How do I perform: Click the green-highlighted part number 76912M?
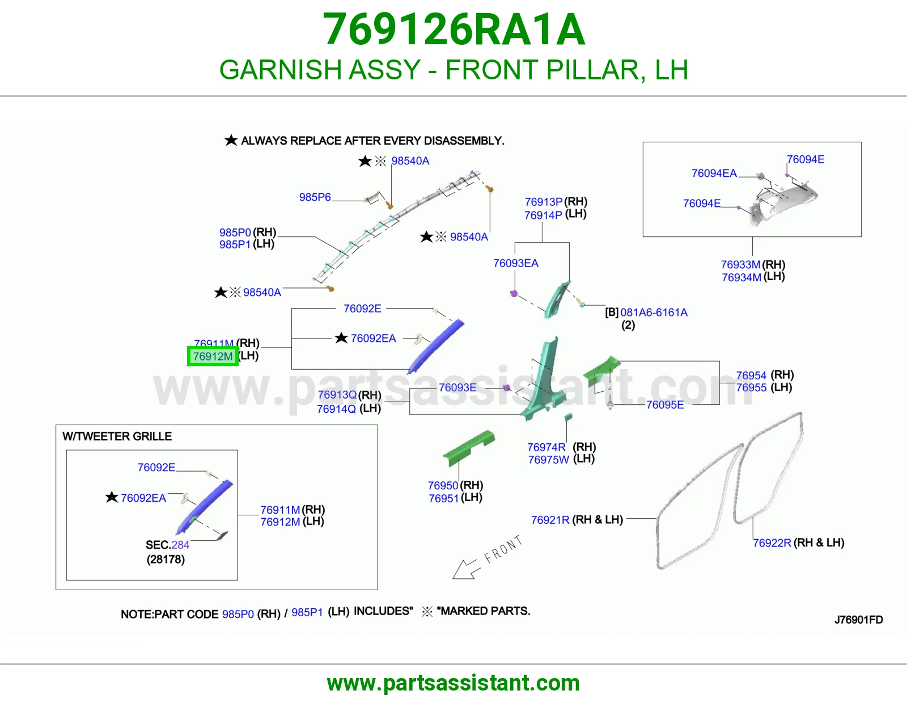point(213,356)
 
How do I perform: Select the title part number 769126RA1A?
point(453,29)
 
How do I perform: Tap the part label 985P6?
point(315,197)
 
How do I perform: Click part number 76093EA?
point(515,263)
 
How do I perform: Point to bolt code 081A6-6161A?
point(654,312)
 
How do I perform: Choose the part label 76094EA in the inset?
point(714,173)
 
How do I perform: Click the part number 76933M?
point(740,265)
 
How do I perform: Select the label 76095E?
point(665,405)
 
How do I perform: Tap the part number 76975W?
point(549,460)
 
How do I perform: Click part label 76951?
point(443,498)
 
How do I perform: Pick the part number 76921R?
point(550,520)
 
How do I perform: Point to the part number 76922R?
point(772,543)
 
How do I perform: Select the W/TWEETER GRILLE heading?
point(117,436)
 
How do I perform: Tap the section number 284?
point(180,545)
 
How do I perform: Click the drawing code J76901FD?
point(859,620)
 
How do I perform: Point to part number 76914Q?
point(336,409)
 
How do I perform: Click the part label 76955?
point(751,387)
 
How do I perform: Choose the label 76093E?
point(457,387)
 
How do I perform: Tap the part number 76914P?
point(543,215)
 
